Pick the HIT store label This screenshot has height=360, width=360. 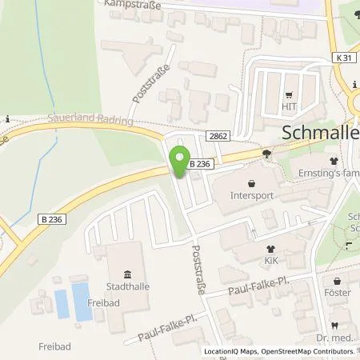point(288,104)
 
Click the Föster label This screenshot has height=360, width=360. point(338,293)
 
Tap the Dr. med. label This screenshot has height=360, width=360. point(339,338)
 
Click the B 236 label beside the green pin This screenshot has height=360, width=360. point(201,164)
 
